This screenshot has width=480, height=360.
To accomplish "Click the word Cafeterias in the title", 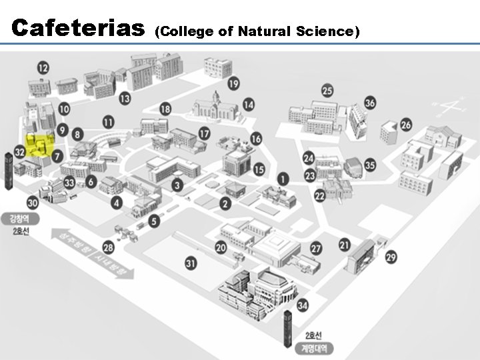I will coord(79,29).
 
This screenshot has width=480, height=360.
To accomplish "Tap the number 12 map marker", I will coord(43,67).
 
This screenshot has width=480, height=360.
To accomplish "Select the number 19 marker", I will coord(233,83).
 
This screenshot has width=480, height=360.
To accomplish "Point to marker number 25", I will coord(327,91).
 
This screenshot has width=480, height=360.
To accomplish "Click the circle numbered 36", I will coord(370,103).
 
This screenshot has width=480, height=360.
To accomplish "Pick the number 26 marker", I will coord(406,125).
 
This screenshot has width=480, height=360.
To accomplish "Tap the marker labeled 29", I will coord(391,257).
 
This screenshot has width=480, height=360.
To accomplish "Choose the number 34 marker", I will coord(303,305).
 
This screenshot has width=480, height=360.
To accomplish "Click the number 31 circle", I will coord(191,264).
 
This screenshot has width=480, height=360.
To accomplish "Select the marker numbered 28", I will coord(108,248).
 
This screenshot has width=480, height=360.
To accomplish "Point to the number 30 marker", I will coord(33,203).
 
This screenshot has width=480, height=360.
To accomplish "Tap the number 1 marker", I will coord(283,179).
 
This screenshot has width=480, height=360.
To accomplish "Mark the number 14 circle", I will coord(249,104).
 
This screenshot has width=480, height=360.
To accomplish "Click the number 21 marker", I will coord(344,245).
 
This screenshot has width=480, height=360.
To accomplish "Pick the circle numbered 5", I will coord(155,221).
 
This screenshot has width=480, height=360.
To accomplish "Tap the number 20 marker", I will coord(221,248).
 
